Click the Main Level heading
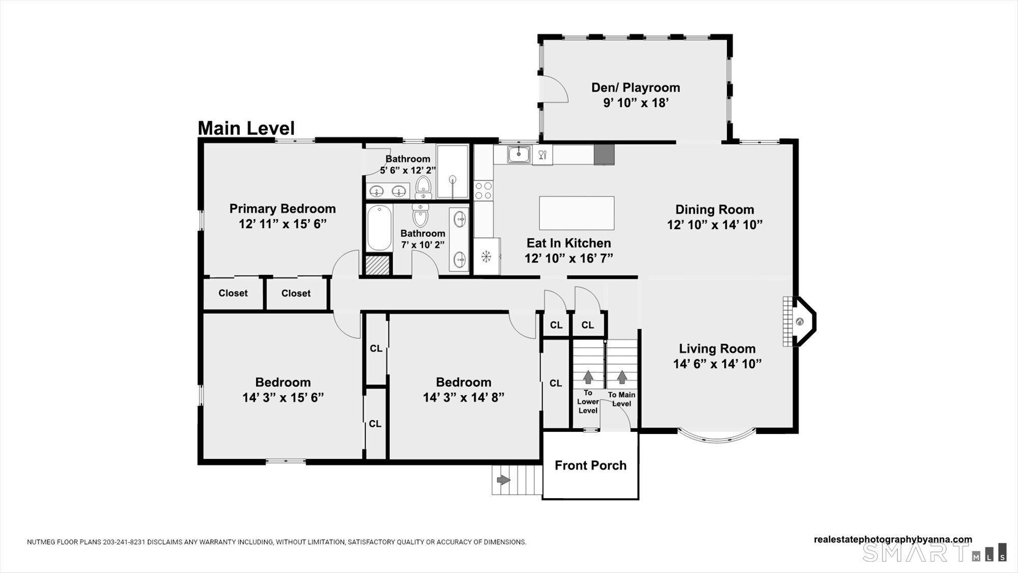[246, 128]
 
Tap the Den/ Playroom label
[635, 88]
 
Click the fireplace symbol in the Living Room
[800, 322]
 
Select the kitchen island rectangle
[576, 213]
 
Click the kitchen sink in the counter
[519, 154]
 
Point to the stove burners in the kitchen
[483, 190]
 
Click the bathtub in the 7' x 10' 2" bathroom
[379, 228]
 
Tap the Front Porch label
[590, 465]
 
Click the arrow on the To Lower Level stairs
[588, 377]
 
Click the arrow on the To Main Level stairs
[621, 377]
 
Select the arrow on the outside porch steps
[503, 480]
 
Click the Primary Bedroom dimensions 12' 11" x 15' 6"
[282, 224]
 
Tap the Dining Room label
[714, 209]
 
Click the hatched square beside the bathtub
[377, 265]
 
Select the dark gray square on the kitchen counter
[604, 155]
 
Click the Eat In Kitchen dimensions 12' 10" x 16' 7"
[569, 258]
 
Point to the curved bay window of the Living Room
[716, 436]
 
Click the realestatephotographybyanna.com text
[893, 539]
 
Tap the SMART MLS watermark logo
[934, 553]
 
